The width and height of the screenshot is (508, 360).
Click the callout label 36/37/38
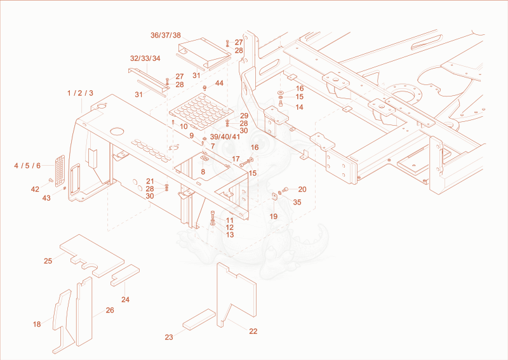tap(166, 36)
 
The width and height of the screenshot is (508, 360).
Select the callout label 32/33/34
tap(145, 58)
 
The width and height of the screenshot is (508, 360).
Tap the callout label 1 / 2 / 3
tap(80, 93)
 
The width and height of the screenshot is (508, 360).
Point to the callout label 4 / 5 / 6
tap(27, 166)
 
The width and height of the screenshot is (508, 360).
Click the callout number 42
tap(35, 189)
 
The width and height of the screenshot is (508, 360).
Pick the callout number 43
tap(46, 198)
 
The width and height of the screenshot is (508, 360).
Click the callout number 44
tap(219, 83)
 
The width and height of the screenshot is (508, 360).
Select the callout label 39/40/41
tap(225, 137)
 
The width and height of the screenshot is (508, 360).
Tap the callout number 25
tap(48, 261)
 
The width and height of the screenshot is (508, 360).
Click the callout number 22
tap(253, 331)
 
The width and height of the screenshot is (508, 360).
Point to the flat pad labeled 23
tap(199, 319)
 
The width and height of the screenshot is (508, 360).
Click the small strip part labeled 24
tap(125, 275)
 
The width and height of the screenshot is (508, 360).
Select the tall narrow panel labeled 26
tap(84, 311)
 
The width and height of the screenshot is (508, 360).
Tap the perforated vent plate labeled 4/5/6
tap(60, 171)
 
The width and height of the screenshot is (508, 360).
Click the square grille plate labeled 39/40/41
tap(201, 111)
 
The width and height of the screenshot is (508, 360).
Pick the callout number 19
tap(274, 217)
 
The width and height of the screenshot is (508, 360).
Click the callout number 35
tap(297, 202)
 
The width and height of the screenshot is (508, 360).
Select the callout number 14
tap(299, 107)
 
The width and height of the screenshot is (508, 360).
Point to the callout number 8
tap(203, 171)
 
